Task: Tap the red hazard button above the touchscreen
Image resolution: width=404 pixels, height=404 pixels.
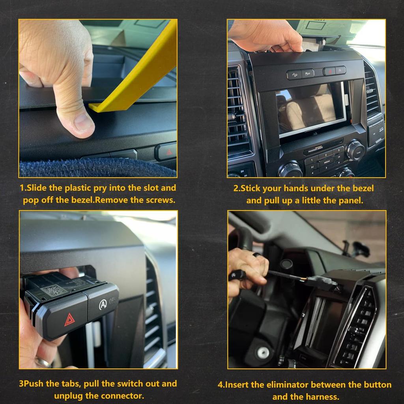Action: pos(329,71)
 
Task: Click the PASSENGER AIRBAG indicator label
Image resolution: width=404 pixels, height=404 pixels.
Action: pos(318,149)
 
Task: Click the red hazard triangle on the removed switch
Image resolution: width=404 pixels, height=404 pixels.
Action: pos(70,319)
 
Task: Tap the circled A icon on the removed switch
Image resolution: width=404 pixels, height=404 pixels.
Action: pos(103,304)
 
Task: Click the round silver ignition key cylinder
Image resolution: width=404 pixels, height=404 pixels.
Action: pos(264,352)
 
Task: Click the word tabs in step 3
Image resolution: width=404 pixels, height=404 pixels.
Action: pos(69,383)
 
